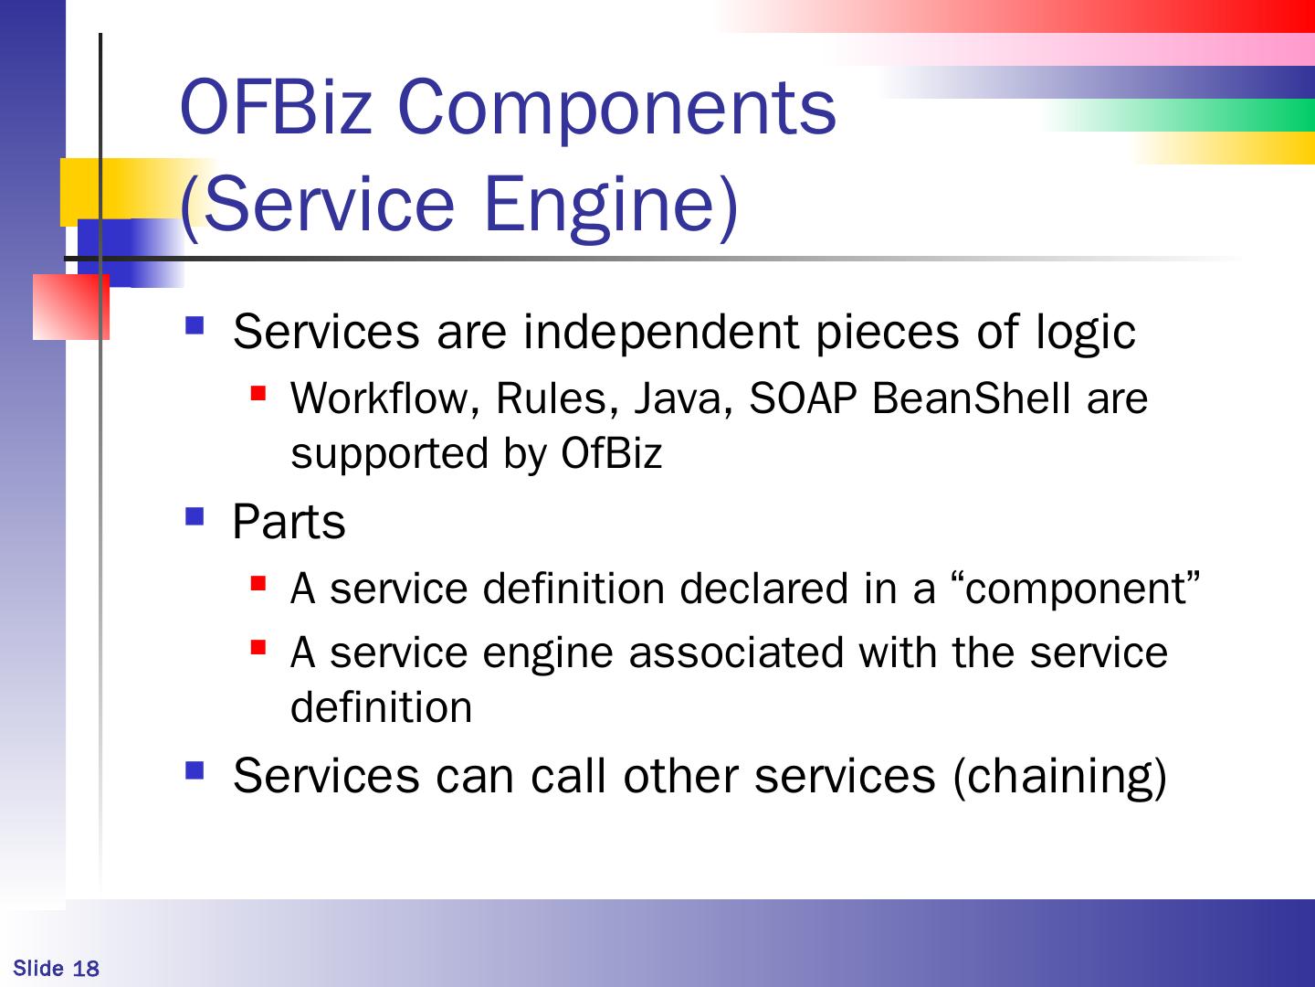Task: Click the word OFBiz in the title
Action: [x=276, y=107]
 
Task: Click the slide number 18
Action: [x=86, y=969]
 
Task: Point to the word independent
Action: [x=661, y=332]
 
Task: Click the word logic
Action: [x=1086, y=332]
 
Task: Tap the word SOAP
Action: [x=803, y=398]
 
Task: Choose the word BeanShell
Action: [x=971, y=398]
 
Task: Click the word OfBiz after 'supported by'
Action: [x=611, y=453]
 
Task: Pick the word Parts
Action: [x=289, y=521]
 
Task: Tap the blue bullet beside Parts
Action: [x=195, y=516]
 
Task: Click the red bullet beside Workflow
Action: [x=258, y=393]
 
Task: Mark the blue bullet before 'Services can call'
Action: [x=195, y=770]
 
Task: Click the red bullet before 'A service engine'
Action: [x=258, y=648]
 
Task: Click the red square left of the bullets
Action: [x=70, y=307]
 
